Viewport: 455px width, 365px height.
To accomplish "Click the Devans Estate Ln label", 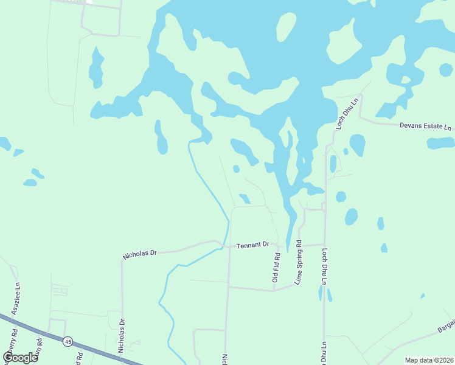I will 426,127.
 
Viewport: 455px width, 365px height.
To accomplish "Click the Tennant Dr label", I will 252,244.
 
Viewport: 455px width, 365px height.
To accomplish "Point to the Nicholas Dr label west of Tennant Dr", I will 140,253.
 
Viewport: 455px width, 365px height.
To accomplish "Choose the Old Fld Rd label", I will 276,268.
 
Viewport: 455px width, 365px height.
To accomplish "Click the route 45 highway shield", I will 68,342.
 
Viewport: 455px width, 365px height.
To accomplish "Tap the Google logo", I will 20,357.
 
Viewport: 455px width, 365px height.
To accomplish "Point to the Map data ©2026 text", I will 429,360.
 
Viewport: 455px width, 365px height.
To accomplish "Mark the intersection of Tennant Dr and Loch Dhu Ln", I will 323,244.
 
